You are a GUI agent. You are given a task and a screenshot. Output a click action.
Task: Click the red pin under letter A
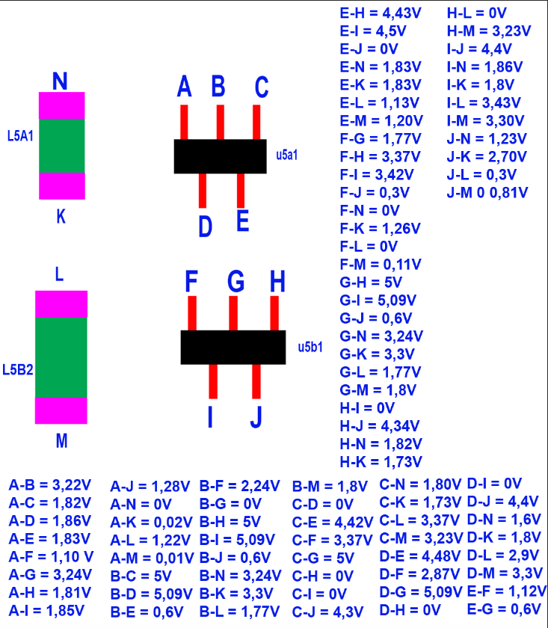(x=184, y=122)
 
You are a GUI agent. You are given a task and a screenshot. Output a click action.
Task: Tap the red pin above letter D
(x=202, y=190)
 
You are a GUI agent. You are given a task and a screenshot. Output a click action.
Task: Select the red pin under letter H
(x=274, y=313)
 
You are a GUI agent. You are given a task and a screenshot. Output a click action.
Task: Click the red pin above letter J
(x=256, y=381)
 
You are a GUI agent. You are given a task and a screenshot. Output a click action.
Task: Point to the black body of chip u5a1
(x=220, y=156)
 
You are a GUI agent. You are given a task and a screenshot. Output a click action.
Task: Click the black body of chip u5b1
(x=233, y=347)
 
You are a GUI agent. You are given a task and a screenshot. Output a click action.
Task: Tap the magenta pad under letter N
(x=61, y=105)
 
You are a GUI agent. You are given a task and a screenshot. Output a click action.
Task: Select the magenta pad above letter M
(x=61, y=410)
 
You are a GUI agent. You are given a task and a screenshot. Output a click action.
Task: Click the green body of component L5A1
(x=61, y=146)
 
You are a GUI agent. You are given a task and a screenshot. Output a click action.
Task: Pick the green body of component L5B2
(x=61, y=357)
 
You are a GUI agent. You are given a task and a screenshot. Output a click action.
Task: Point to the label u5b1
(x=310, y=347)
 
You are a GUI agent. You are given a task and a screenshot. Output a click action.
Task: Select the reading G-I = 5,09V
(x=378, y=300)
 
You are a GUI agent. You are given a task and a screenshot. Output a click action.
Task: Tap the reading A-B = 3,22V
(x=50, y=485)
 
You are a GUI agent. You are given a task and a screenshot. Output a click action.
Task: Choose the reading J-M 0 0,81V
(x=487, y=192)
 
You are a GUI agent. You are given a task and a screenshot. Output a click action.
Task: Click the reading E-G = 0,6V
(x=505, y=610)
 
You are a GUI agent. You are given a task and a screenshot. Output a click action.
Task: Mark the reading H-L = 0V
(x=477, y=13)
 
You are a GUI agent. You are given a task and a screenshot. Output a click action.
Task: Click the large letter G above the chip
(x=235, y=282)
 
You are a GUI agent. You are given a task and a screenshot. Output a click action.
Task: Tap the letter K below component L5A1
(x=61, y=217)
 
